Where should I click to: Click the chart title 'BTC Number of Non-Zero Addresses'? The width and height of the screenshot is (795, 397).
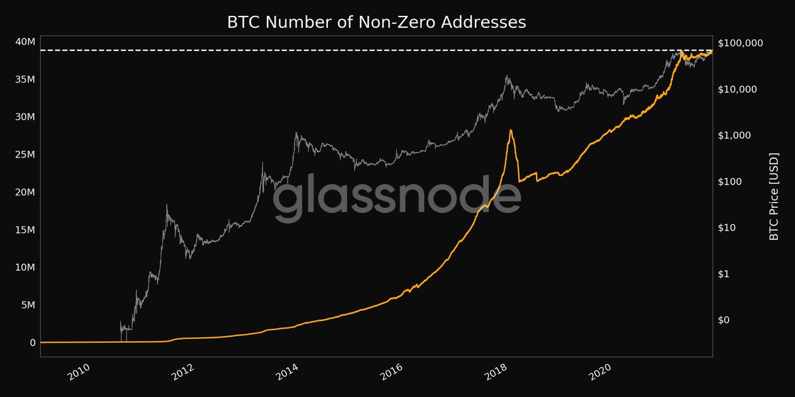[x=376, y=22]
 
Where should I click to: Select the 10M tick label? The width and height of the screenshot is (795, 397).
[x=24, y=267]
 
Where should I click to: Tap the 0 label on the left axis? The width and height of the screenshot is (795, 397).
[x=31, y=343]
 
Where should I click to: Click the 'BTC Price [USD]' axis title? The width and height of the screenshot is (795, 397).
[x=774, y=196]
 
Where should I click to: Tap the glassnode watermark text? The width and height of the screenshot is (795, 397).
[x=397, y=197]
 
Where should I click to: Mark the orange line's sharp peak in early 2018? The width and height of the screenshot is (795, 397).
[x=511, y=130]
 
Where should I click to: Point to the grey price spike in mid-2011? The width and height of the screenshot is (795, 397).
[x=167, y=206]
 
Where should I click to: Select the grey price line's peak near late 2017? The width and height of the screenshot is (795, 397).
[x=507, y=76]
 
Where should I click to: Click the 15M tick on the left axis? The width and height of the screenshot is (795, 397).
[x=24, y=230]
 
